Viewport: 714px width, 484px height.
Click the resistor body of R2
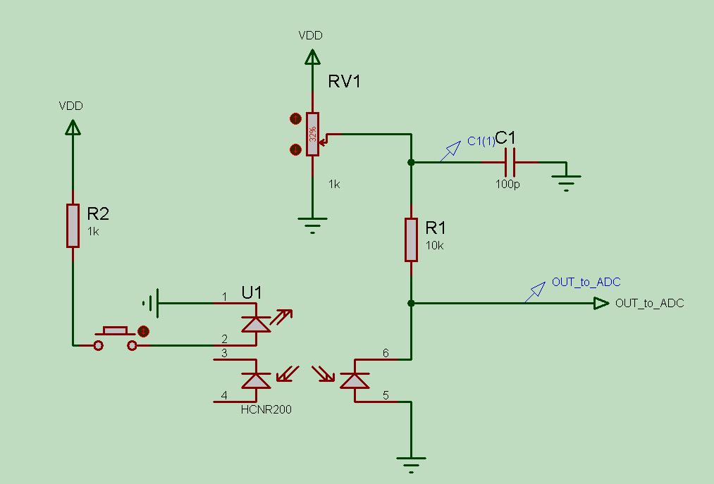(x=73, y=225)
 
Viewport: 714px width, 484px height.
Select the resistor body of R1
(x=411, y=240)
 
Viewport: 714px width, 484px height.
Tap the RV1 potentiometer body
(x=312, y=134)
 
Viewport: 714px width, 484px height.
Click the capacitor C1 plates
(x=510, y=162)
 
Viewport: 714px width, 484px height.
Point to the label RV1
(x=345, y=82)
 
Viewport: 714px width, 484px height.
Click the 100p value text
(x=507, y=184)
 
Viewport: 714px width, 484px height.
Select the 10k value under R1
(x=435, y=245)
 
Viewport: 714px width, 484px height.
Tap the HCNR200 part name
(x=266, y=409)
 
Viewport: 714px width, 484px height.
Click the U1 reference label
(x=252, y=292)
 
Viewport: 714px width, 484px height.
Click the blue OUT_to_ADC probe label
(x=586, y=283)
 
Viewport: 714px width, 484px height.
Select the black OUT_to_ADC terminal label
(x=649, y=304)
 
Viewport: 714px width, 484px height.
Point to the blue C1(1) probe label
(x=481, y=142)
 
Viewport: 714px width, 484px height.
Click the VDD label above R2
(x=71, y=106)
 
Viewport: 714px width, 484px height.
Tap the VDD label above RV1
(x=311, y=35)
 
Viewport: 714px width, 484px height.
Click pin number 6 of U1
(x=386, y=353)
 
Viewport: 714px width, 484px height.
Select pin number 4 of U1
(x=225, y=395)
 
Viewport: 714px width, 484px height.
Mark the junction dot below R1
(x=411, y=303)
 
